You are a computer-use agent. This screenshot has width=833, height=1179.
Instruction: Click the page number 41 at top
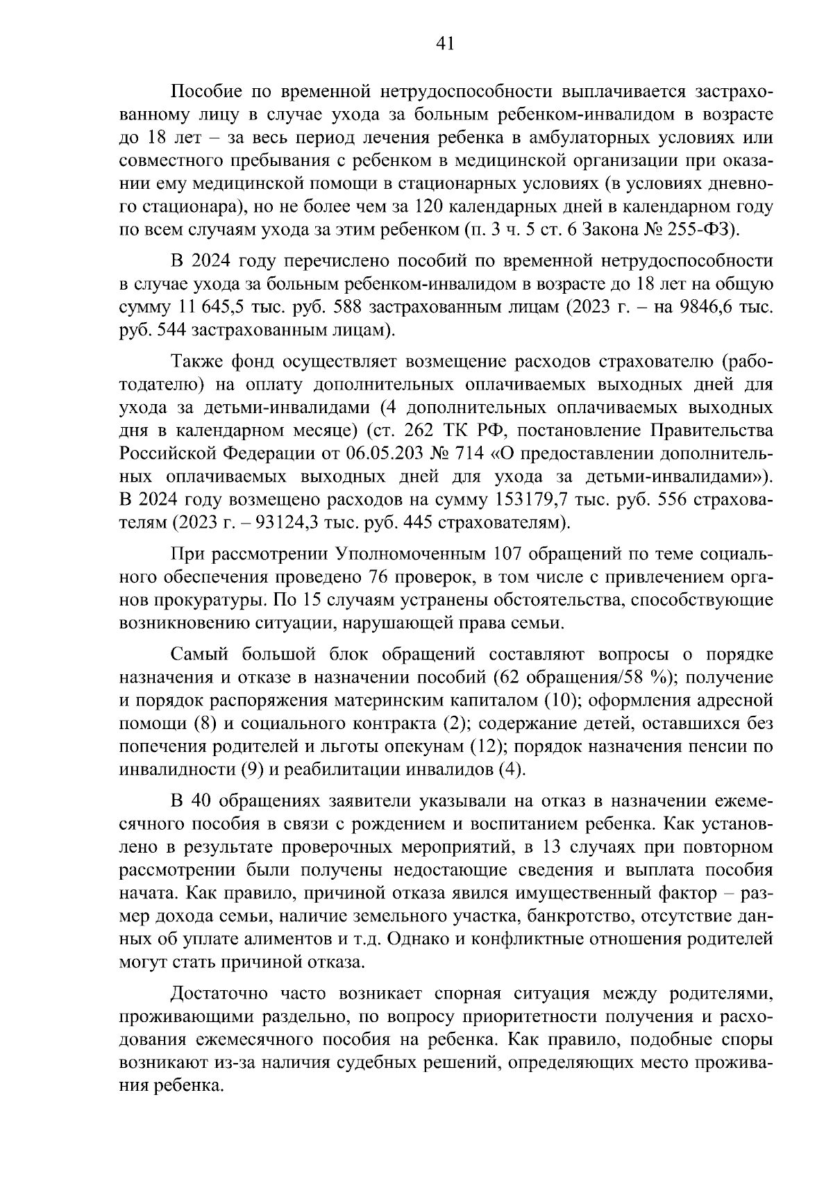point(444,44)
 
